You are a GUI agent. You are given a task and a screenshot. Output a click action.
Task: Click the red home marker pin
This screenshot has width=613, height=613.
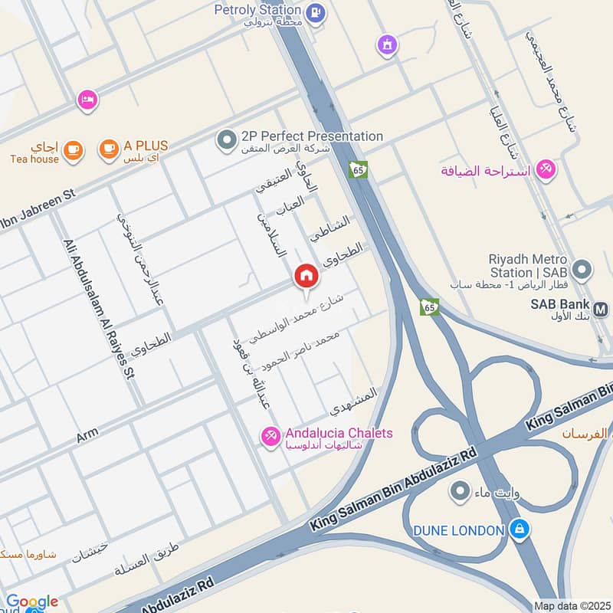(x=306, y=277)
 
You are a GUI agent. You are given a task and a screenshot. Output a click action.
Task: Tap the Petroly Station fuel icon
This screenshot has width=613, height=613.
(x=314, y=13)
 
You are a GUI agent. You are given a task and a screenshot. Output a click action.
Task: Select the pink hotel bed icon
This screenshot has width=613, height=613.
(x=87, y=100)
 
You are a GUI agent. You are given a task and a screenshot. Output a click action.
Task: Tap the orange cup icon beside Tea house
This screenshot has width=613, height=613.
(x=73, y=149)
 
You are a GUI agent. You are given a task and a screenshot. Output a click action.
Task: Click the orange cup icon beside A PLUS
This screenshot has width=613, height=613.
(x=110, y=149)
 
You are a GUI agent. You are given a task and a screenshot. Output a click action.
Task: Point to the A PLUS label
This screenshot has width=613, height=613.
(x=146, y=146)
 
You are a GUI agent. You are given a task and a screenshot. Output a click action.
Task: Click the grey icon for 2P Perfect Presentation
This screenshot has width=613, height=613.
(x=226, y=139)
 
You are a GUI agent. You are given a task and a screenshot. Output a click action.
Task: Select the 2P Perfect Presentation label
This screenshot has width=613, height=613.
(x=312, y=136)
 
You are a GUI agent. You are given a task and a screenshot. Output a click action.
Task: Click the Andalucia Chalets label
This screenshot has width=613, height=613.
(x=339, y=434)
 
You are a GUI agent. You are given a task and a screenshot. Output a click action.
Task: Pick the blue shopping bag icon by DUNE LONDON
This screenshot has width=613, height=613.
(x=520, y=529)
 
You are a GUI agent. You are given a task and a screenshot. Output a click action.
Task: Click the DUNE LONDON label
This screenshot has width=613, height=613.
(x=458, y=530)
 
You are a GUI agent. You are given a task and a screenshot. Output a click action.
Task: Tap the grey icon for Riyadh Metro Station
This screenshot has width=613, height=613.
(x=582, y=270)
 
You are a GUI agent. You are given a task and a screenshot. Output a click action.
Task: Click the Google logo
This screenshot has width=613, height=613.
(x=31, y=602)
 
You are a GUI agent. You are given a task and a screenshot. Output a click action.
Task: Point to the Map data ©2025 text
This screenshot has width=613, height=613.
(x=572, y=606)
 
